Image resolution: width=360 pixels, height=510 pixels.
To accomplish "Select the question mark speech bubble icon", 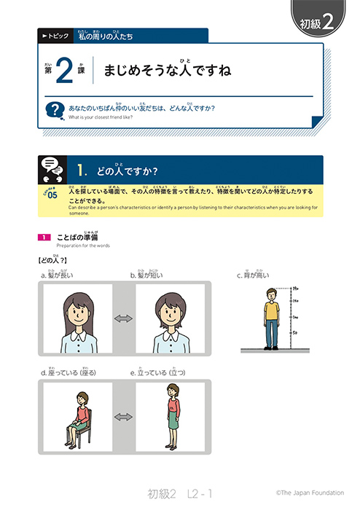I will [53, 110].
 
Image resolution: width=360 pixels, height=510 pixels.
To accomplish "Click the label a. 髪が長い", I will [58, 275].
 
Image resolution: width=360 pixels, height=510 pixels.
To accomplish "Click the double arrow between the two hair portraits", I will [122, 318].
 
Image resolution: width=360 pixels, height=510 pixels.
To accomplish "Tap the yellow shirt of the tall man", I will [272, 310].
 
